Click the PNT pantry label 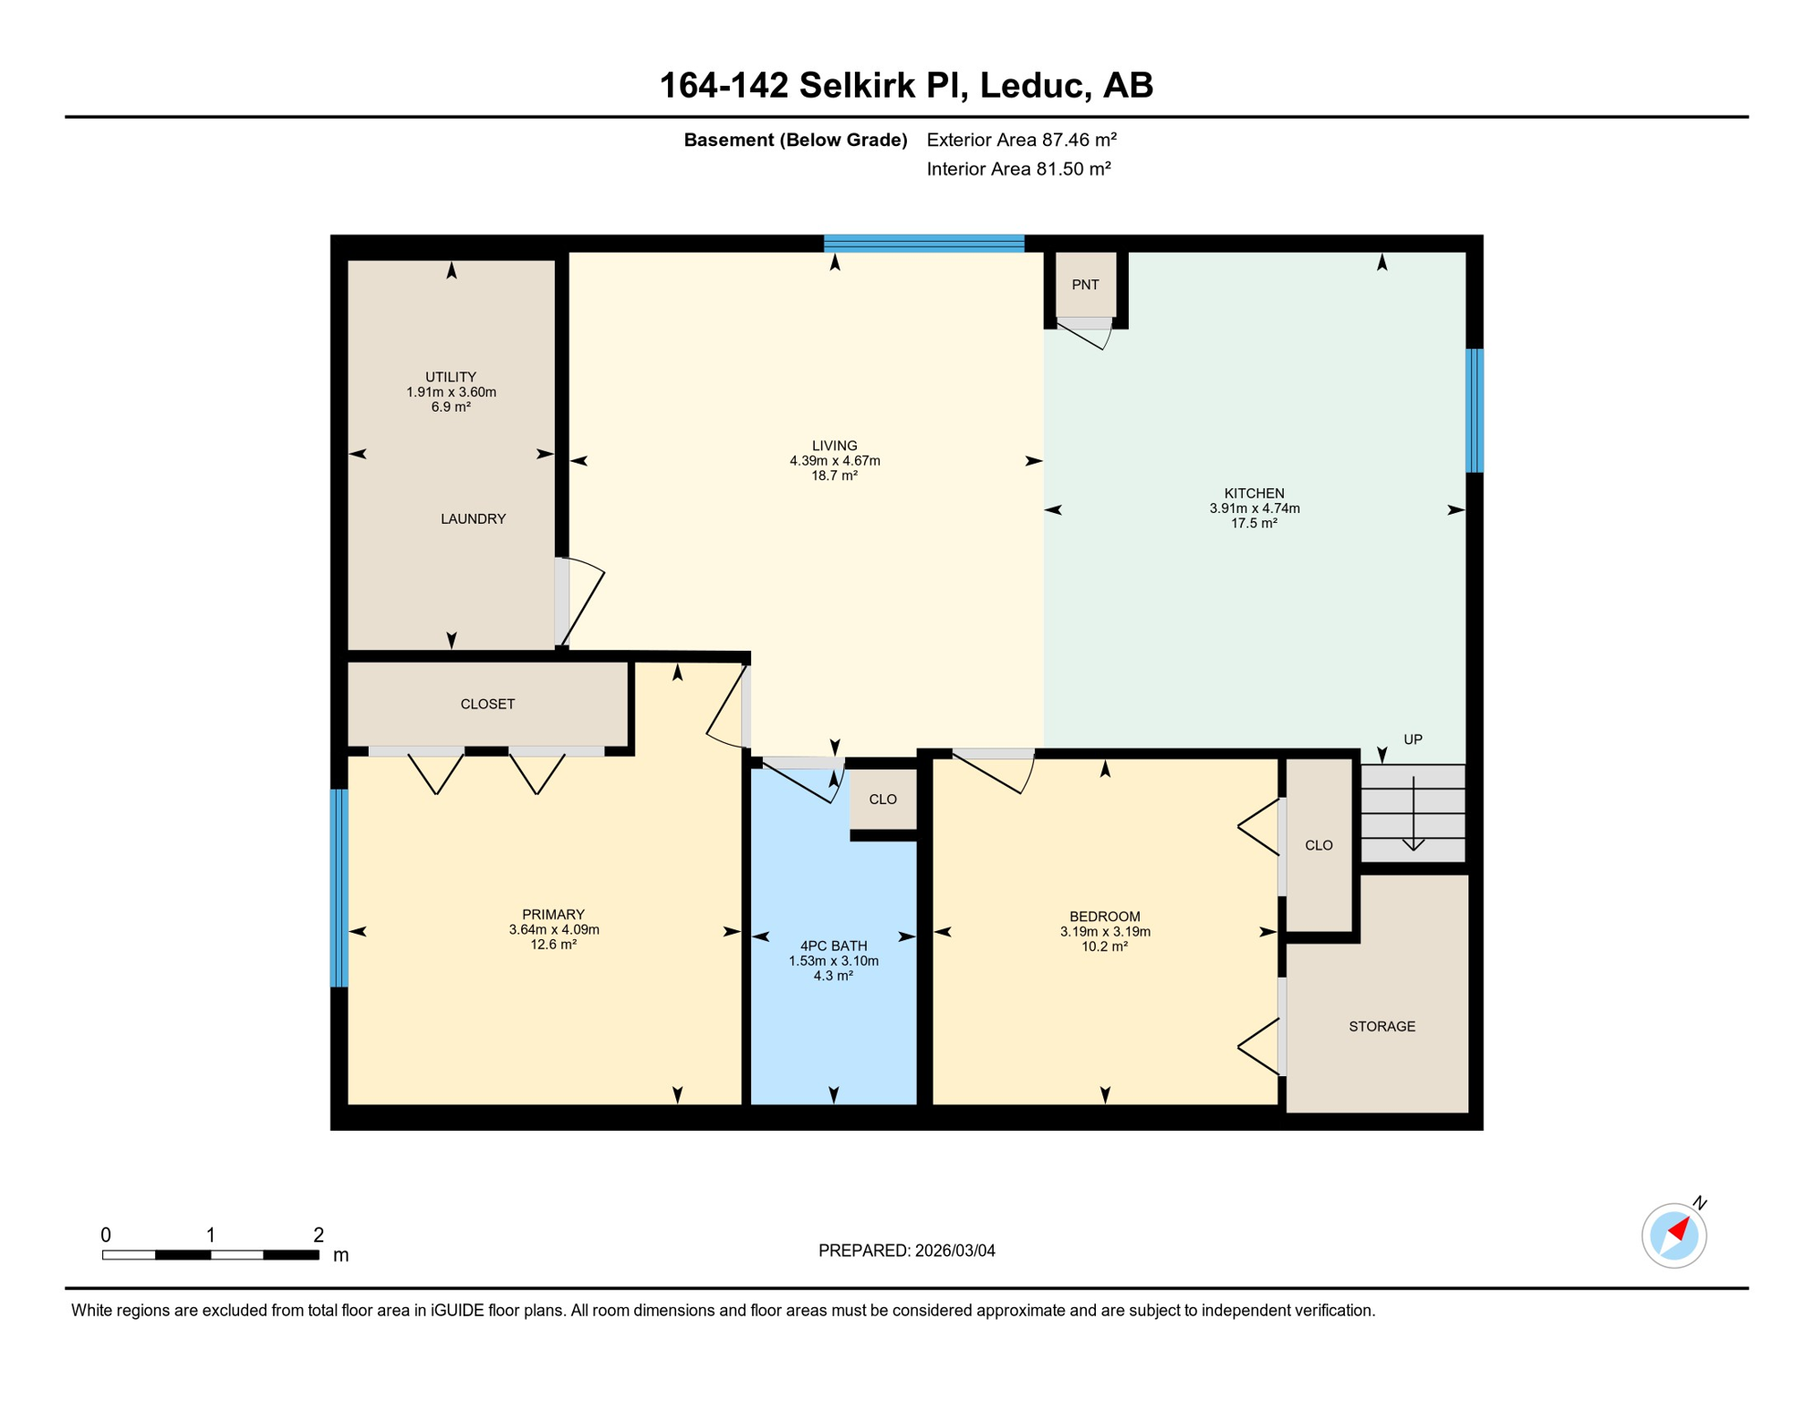pyautogui.click(x=1085, y=285)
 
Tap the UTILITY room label pyautogui.click(x=451, y=377)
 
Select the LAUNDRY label pyautogui.click(x=473, y=518)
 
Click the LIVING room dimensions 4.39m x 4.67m pyautogui.click(x=834, y=461)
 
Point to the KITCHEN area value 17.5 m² pyautogui.click(x=1254, y=523)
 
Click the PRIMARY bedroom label pyautogui.click(x=553, y=915)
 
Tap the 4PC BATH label pyautogui.click(x=833, y=946)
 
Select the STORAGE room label pyautogui.click(x=1381, y=1026)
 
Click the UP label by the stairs pyautogui.click(x=1413, y=739)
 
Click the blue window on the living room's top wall pyautogui.click(x=923, y=243)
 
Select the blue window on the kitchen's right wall pyautogui.click(x=1474, y=410)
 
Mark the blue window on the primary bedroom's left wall pyautogui.click(x=339, y=887)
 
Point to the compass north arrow pyautogui.click(x=1679, y=1230)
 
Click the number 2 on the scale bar pyautogui.click(x=318, y=1234)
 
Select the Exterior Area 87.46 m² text pyautogui.click(x=1021, y=140)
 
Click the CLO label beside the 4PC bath pyautogui.click(x=882, y=799)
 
